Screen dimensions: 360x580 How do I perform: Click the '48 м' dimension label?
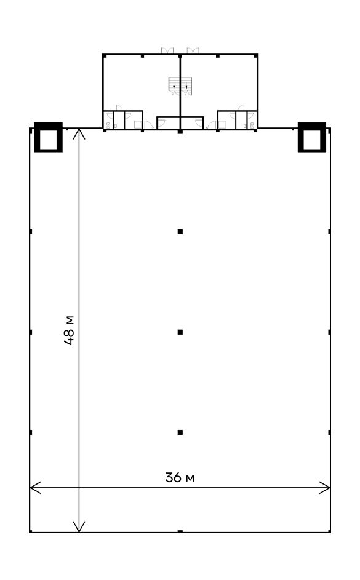tap(69, 330)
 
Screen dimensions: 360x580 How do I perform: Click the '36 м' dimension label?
tap(180, 477)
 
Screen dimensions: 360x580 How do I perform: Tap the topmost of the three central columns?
tap(180, 232)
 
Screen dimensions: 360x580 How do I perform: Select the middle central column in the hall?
tap(180, 332)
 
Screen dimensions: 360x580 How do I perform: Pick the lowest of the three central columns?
tap(180, 432)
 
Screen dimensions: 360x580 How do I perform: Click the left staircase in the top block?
tap(174, 86)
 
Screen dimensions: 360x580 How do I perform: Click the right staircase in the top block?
tap(186, 86)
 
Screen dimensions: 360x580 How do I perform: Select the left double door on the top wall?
tap(167, 50)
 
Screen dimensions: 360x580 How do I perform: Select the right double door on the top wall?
tap(193, 50)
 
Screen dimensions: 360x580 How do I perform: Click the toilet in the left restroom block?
tap(108, 125)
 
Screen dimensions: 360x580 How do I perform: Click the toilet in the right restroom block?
tap(252, 125)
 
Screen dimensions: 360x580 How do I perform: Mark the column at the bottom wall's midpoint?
tap(180, 531)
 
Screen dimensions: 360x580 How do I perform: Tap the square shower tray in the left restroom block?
tap(138, 125)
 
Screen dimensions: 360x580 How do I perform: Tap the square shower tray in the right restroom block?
tap(222, 125)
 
